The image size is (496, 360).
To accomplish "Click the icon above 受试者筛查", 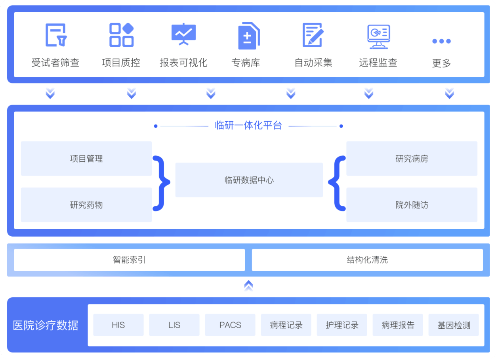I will coord(56,35).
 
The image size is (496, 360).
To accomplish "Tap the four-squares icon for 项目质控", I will coord(121,35).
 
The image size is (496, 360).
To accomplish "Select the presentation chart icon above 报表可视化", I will coord(183,34).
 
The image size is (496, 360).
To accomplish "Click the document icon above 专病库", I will coord(248,36).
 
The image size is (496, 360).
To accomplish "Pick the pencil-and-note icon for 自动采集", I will coord(313,35).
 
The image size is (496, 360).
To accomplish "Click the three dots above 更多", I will coord(441,41).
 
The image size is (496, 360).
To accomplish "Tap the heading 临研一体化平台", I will coord(248,126).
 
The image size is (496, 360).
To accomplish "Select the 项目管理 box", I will coord(86,159).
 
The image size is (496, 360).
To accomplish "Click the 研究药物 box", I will coord(86,205).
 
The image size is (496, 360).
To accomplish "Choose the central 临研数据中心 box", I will coord(249,180).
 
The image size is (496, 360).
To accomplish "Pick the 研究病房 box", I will coord(412,159).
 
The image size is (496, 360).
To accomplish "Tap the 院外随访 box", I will coord(412,205).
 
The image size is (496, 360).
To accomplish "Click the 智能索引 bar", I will coord(129,260).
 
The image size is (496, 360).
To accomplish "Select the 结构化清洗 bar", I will coord(367,260).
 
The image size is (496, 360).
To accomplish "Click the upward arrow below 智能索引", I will coord(248,285).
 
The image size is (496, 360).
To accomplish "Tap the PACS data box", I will coord(230,325).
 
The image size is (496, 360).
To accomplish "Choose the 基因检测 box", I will coord(454,325).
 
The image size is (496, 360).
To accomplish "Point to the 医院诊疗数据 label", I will coord(46,325).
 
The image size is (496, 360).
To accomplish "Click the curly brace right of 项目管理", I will coord(161,182).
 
